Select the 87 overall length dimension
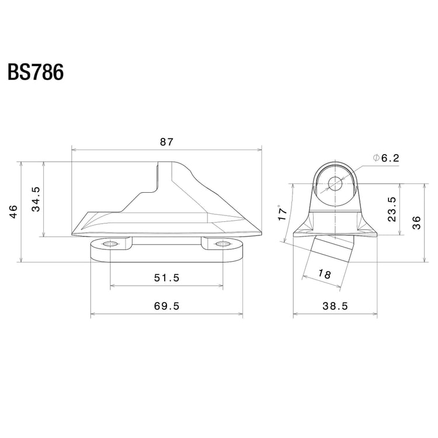[x=167, y=142]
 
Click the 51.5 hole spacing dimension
[x=166, y=278]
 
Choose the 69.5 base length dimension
[x=166, y=306]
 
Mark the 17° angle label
[x=283, y=213]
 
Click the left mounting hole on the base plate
[x=110, y=244]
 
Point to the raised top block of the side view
[x=172, y=175]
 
